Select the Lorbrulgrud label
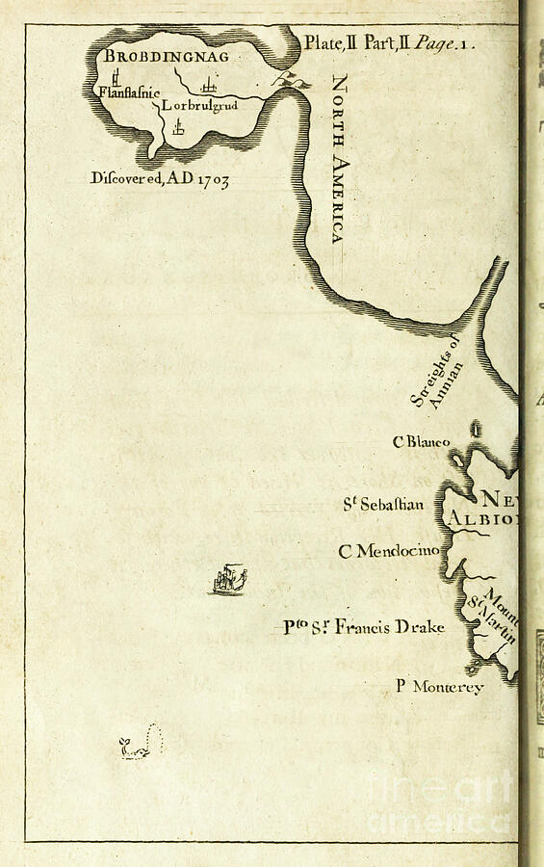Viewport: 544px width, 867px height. pyautogui.click(x=199, y=105)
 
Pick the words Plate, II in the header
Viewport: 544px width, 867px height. pyautogui.click(x=331, y=43)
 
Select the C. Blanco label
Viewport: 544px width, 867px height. pyautogui.click(x=421, y=442)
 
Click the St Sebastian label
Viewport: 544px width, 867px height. pyautogui.click(x=383, y=504)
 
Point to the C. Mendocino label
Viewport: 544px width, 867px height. pyautogui.click(x=388, y=552)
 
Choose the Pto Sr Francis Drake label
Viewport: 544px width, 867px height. pyautogui.click(x=364, y=628)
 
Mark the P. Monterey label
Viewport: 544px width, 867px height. pyautogui.click(x=439, y=687)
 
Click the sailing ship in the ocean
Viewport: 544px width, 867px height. pyautogui.click(x=228, y=580)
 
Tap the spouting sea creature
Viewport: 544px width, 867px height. pyautogui.click(x=141, y=744)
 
